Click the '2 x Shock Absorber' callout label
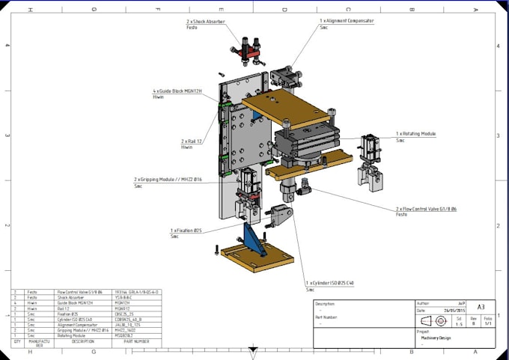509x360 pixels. [206, 22]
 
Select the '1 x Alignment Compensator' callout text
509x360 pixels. [347, 21]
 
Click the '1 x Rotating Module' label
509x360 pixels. [417, 134]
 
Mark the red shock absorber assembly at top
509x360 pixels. [246, 52]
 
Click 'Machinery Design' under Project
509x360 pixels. [436, 338]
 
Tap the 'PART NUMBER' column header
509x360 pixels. [127, 341]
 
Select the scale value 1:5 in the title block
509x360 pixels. [459, 323]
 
